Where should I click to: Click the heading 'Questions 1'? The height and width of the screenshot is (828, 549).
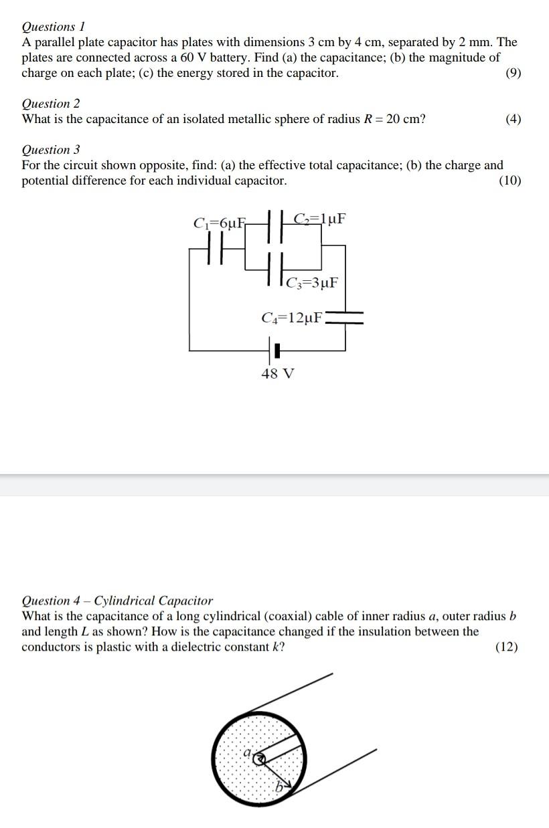click(54, 27)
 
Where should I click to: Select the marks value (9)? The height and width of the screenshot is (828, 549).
click(513, 73)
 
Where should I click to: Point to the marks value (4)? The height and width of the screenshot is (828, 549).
click(513, 119)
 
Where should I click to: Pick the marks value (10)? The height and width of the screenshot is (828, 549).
click(510, 181)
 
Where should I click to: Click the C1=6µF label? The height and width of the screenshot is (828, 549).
click(219, 223)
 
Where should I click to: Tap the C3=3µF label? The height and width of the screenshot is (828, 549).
click(311, 283)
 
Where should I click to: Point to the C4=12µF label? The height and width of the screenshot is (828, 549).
click(292, 318)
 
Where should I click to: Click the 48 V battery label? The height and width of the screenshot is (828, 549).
click(277, 373)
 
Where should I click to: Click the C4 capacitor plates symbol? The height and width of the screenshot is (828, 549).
click(345, 318)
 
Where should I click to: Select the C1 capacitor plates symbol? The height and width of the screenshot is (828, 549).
click(216, 251)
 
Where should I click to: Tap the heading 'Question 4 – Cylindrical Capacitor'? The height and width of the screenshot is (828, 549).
click(117, 601)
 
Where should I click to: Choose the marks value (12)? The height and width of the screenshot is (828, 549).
click(506, 647)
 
